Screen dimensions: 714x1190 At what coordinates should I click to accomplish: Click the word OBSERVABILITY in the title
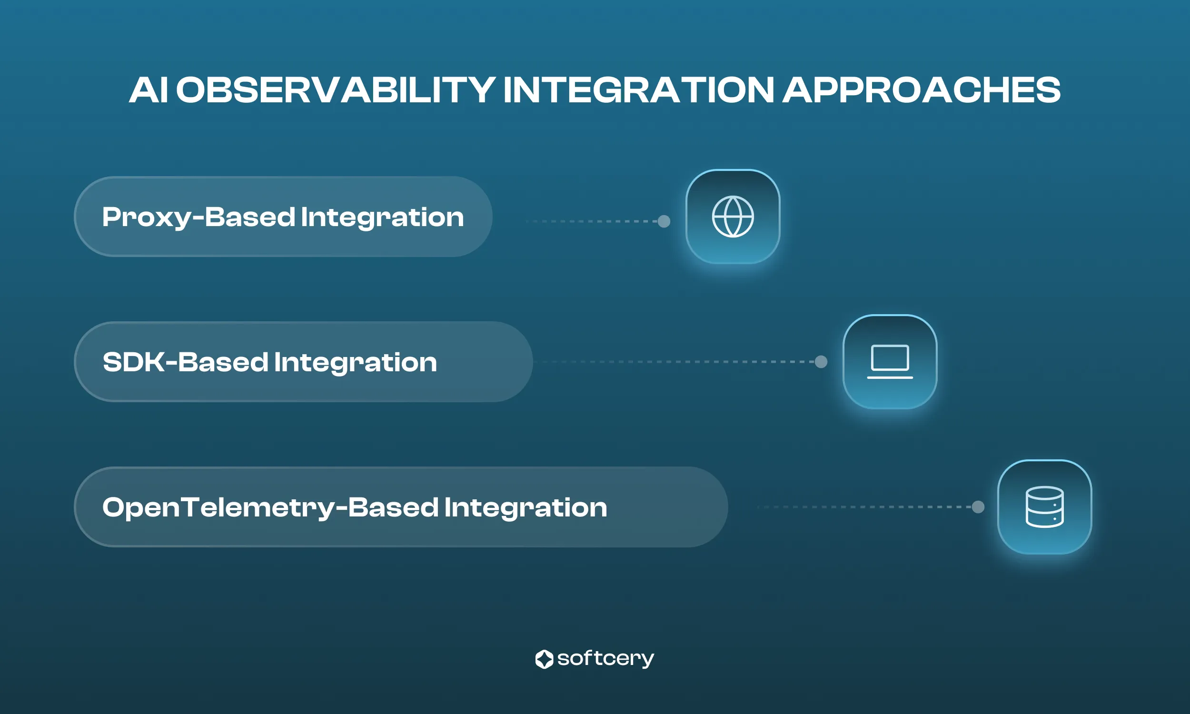tap(335, 90)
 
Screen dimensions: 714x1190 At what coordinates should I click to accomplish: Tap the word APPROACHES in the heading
tap(921, 90)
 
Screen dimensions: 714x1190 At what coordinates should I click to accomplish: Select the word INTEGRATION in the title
tap(638, 90)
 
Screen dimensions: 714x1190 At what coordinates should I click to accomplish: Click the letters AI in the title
tap(148, 90)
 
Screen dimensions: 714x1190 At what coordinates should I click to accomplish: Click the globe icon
tap(733, 217)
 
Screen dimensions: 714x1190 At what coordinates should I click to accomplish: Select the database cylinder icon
tap(1044, 507)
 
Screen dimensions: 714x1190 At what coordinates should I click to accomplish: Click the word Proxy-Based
tap(198, 218)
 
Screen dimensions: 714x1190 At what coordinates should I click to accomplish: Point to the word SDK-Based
tap(185, 362)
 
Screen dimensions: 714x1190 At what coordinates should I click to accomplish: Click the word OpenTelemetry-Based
tap(270, 507)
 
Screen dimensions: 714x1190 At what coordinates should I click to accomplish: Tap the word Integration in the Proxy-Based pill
tap(382, 218)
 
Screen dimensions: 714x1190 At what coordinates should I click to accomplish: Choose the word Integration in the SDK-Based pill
tap(356, 362)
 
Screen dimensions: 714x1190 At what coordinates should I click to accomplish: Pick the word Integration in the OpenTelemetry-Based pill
tap(526, 507)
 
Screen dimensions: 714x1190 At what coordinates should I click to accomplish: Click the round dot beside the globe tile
tap(664, 221)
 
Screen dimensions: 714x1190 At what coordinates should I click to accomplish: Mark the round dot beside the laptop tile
tap(821, 362)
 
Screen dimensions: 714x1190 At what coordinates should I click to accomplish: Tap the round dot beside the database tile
tap(978, 506)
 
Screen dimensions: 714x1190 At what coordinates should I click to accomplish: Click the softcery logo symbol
tap(544, 659)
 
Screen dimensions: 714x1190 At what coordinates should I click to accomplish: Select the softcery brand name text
tap(605, 659)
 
